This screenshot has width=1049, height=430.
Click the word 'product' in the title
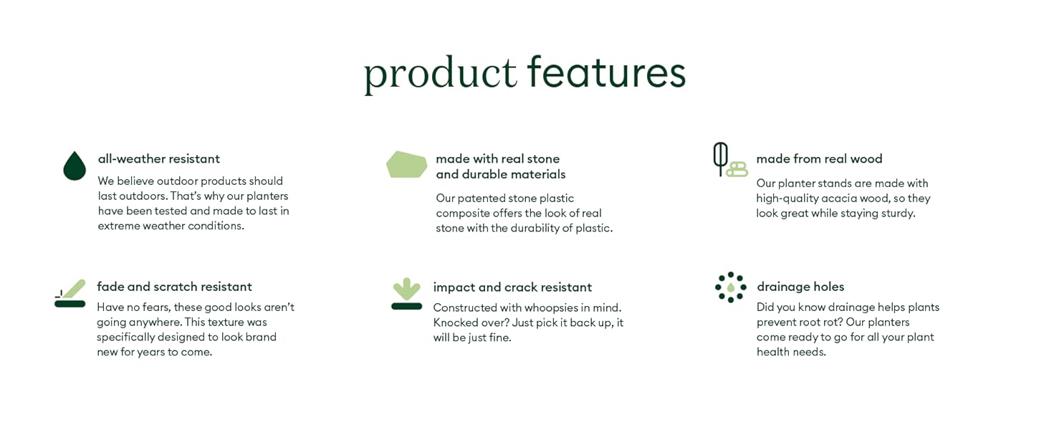(x=440, y=73)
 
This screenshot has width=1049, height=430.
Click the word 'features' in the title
(x=606, y=72)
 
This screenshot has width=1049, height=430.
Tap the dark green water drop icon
(x=75, y=166)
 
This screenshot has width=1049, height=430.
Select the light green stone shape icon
(x=406, y=164)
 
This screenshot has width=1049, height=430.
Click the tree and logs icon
(x=729, y=160)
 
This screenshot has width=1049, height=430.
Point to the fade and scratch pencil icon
(x=70, y=294)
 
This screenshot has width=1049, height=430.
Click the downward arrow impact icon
(x=406, y=294)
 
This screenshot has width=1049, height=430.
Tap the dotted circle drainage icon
(x=730, y=287)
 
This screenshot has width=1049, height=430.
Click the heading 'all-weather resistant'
(x=159, y=159)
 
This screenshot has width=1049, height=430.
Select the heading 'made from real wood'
(x=819, y=159)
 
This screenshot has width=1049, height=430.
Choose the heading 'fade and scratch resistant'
(x=174, y=287)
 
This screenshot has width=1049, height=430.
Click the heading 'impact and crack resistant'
(x=512, y=287)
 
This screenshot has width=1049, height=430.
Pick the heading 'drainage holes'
(x=800, y=287)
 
